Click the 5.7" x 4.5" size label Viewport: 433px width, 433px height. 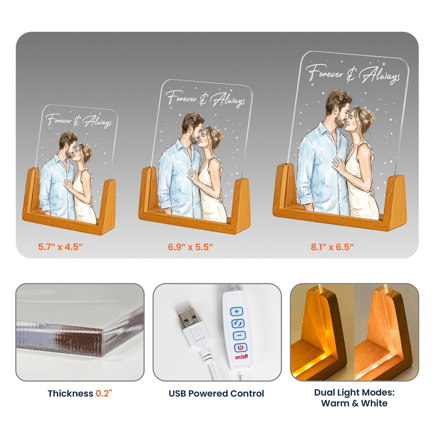[x=60, y=247]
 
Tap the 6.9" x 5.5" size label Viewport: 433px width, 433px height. [x=191, y=247]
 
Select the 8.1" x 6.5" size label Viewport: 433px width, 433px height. [x=332, y=247]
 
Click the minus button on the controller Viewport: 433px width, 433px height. [x=239, y=335]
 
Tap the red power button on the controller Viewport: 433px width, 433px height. [x=241, y=348]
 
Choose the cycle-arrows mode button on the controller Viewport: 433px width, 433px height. [x=238, y=323]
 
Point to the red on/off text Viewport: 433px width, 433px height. [x=241, y=357]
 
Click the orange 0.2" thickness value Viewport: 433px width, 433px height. [x=104, y=393]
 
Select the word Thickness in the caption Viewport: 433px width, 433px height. [x=71, y=394]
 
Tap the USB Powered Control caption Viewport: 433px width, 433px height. [x=216, y=394]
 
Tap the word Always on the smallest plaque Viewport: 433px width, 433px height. [x=97, y=122]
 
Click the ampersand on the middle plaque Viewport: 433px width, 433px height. [x=203, y=100]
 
